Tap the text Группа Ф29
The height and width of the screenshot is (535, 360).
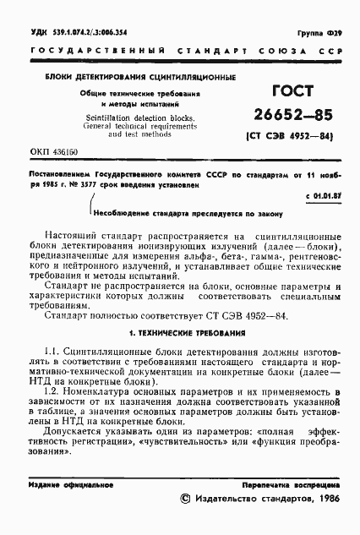point(323,32)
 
